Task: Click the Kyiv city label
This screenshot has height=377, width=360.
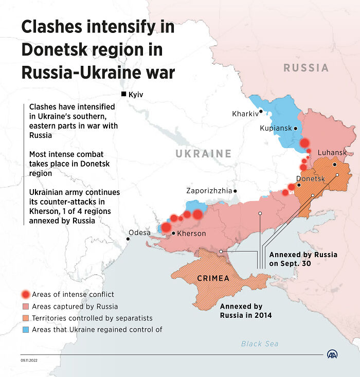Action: [136, 95]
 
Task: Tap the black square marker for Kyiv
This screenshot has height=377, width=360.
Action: [123, 94]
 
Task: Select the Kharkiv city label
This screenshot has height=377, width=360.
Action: [245, 114]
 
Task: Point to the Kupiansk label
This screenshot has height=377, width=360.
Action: [276, 128]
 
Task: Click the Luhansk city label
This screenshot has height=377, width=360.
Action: [332, 153]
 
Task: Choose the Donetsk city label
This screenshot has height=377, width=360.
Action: [310, 178]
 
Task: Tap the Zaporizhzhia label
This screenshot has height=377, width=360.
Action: [209, 190]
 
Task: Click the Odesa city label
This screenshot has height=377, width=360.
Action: [139, 232]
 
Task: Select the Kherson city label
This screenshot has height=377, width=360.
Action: [191, 234]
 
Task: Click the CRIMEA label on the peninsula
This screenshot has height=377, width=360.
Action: [213, 278]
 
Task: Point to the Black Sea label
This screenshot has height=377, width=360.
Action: [260, 344]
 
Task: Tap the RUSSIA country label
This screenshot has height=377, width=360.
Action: [306, 67]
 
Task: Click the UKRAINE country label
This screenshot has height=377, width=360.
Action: [203, 153]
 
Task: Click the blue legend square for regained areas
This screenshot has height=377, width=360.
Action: [25, 330]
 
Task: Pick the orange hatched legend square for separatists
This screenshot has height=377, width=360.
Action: [25, 318]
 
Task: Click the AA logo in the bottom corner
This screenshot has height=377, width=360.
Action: [333, 354]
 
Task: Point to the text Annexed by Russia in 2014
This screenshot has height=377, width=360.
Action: [245, 311]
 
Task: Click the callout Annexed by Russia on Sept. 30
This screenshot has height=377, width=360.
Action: [303, 259]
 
